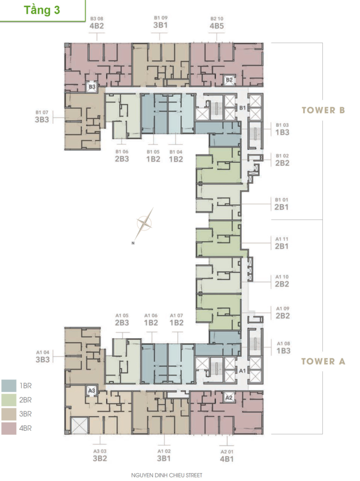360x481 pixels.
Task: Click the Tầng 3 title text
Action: pyautogui.click(x=42, y=10)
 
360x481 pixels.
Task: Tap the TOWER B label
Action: pyautogui.click(x=323, y=110)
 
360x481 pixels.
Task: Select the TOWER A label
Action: pyautogui.click(x=323, y=361)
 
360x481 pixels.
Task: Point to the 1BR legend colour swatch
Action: pyautogui.click(x=9, y=386)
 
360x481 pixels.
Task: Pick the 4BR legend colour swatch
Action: pyautogui.click(x=9, y=428)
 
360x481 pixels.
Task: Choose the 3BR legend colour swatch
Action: pyautogui.click(x=9, y=414)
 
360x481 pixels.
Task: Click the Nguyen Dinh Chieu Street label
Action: pyautogui.click(x=167, y=475)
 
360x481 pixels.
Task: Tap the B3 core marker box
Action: pyautogui.click(x=92, y=87)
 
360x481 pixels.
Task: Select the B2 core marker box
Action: pyautogui.click(x=229, y=80)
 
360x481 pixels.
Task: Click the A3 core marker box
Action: pyautogui.click(x=92, y=391)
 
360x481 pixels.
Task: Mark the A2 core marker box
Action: pyautogui.click(x=229, y=398)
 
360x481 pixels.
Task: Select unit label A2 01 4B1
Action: pyautogui.click(x=227, y=456)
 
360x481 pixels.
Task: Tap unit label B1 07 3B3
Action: pyautogui.click(x=42, y=116)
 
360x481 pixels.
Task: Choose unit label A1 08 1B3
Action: pyautogui.click(x=283, y=348)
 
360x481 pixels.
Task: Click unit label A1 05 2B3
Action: pyautogui.click(x=122, y=319)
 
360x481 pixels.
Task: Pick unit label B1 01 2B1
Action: pyautogui.click(x=282, y=204)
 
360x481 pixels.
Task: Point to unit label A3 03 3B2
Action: pyautogui.click(x=100, y=456)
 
